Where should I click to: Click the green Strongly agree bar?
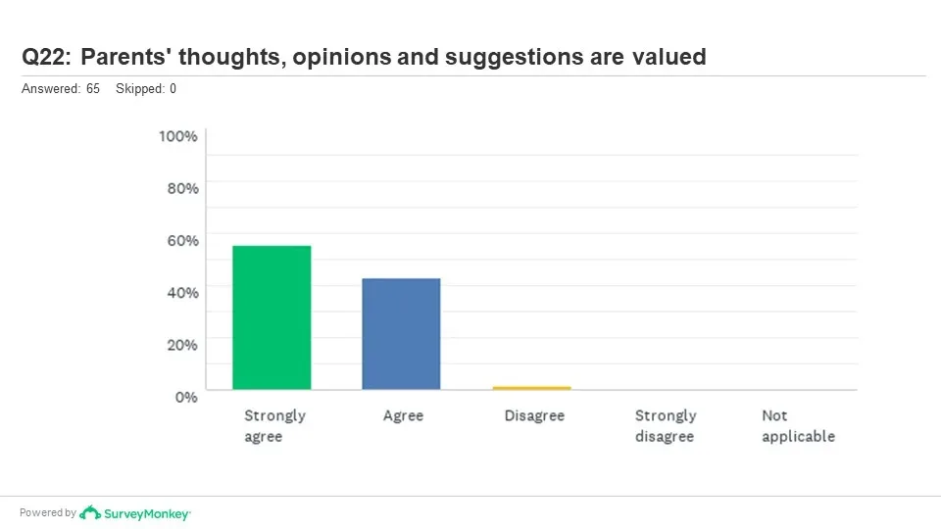(x=272, y=317)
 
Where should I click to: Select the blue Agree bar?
(x=401, y=334)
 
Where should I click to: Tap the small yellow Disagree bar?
(x=531, y=388)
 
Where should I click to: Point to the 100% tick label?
(x=178, y=136)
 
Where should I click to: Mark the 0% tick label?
(x=186, y=397)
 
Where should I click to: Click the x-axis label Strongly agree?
(x=274, y=426)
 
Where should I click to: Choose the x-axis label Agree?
(x=403, y=415)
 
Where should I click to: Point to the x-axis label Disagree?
(x=534, y=415)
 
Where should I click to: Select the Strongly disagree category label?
(x=666, y=426)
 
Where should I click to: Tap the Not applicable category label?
(x=798, y=426)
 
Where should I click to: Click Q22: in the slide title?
(x=46, y=57)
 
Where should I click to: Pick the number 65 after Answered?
(x=93, y=89)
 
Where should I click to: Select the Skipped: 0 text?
(x=146, y=89)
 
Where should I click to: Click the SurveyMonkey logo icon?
(x=90, y=512)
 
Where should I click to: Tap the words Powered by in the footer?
(x=48, y=512)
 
